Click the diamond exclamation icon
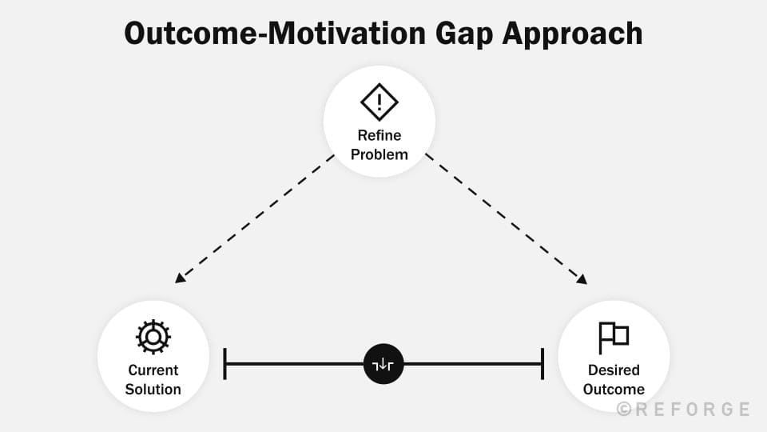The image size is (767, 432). [380, 102]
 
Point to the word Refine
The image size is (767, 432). [380, 135]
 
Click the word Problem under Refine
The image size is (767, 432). [380, 154]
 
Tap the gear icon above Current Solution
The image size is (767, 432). [153, 337]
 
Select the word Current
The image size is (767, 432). [153, 370]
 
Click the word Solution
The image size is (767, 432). [153, 390]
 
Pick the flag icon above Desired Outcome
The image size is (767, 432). [614, 338]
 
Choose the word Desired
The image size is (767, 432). [614, 370]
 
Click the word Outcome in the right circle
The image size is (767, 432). [614, 390]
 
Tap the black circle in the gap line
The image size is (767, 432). [383, 364]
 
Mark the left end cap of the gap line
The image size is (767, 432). [225, 364]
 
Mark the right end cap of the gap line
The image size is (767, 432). [542, 364]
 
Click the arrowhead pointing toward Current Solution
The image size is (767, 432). [180, 278]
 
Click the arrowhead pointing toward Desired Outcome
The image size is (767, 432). [582, 278]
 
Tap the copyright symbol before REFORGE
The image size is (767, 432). [624, 410]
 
